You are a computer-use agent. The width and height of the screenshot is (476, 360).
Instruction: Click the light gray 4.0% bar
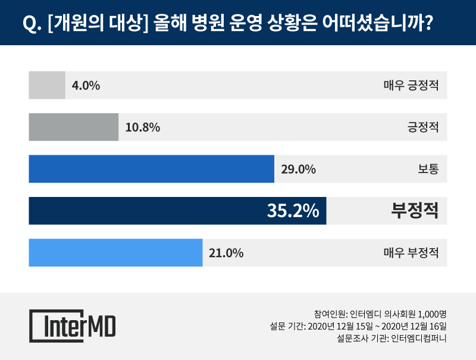pyautogui.click(x=47, y=85)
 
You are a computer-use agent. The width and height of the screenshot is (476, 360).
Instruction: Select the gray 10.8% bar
pyautogui.click(x=74, y=127)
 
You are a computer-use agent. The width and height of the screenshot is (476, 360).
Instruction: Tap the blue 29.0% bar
pyautogui.click(x=151, y=169)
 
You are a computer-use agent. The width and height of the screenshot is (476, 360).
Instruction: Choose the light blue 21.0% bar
pyautogui.click(x=115, y=252)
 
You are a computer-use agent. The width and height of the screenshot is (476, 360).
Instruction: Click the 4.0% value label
pyautogui.click(x=86, y=85)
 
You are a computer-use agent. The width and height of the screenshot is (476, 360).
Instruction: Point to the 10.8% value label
pyautogui.click(x=143, y=127)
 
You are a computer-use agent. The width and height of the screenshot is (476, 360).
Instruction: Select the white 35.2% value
pyautogui.click(x=292, y=211)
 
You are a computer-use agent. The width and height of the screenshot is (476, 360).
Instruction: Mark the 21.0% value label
pyautogui.click(x=226, y=252)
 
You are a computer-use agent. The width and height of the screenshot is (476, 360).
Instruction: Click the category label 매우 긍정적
pyautogui.click(x=411, y=85)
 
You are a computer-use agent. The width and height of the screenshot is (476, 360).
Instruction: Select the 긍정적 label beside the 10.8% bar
pyautogui.click(x=422, y=127)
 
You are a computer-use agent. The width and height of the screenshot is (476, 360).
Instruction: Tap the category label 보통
pyautogui.click(x=428, y=169)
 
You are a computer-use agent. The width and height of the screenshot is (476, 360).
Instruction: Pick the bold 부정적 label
pyautogui.click(x=415, y=211)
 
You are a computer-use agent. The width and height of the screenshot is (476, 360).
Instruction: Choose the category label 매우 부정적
pyautogui.click(x=411, y=252)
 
